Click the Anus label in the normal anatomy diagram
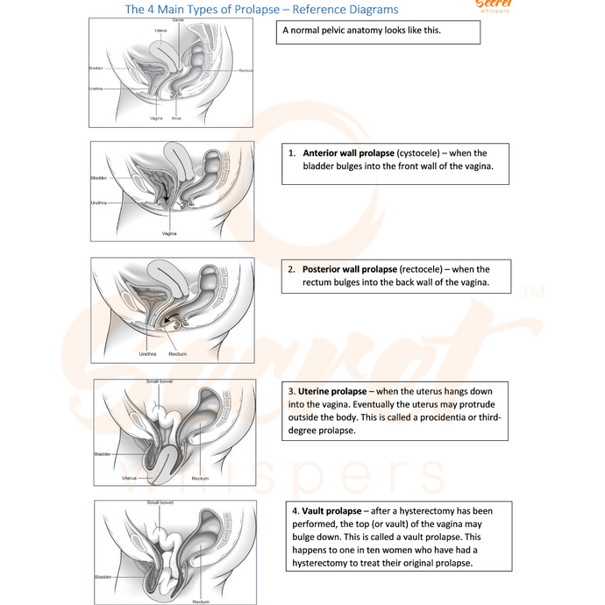176,117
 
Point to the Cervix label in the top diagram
178,19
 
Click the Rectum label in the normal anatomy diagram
245,70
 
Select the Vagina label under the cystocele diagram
169,234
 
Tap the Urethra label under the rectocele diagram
148,354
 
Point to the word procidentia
445,417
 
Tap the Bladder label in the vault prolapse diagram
102,576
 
